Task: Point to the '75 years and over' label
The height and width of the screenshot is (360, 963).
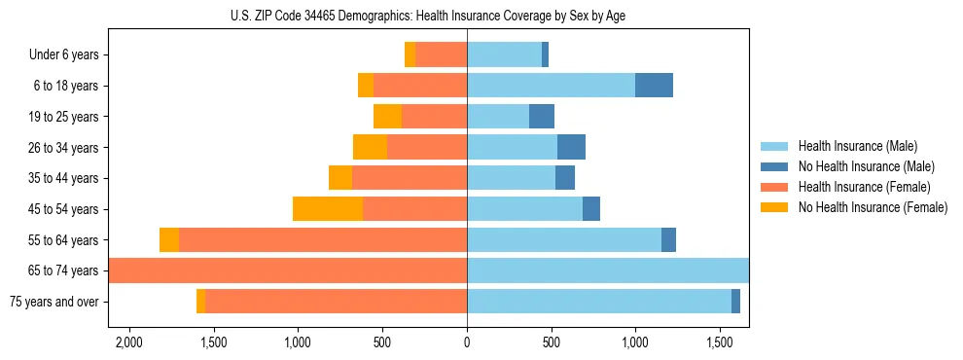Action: point(53,302)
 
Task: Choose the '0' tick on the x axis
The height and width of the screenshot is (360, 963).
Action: point(467,343)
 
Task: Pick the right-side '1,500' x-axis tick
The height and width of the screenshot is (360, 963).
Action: point(720,343)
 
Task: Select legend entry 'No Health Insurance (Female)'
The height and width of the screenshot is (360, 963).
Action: point(873,207)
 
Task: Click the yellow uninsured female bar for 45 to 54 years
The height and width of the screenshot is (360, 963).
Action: point(328,209)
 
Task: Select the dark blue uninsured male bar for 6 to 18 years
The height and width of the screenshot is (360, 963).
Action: point(654,86)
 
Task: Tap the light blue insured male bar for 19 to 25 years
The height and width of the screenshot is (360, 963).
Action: point(498,117)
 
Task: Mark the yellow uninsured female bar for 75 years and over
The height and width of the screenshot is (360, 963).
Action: point(200,302)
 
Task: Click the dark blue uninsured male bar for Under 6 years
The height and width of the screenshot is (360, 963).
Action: point(545,54)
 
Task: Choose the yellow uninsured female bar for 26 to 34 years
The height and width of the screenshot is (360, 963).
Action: point(370,148)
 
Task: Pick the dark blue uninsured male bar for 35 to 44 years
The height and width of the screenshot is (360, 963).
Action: point(565,178)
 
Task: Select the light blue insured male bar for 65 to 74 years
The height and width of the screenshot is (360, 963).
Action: point(608,270)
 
